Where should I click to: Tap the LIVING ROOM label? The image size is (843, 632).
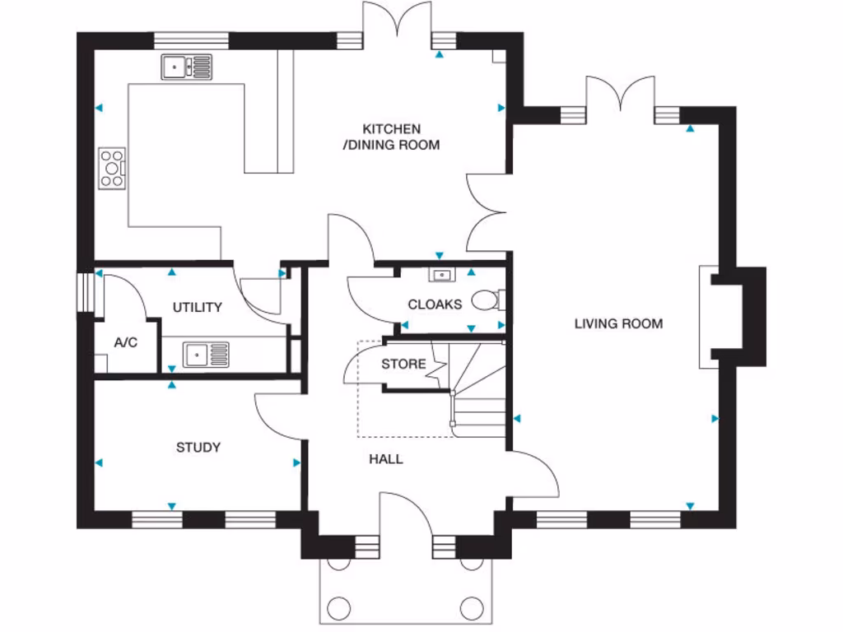click(x=618, y=323)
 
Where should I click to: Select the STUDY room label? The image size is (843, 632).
click(x=198, y=448)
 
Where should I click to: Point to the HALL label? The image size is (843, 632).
click(x=385, y=458)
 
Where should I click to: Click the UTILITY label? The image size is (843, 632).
click(x=197, y=307)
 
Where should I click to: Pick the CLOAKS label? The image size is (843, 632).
click(x=435, y=304)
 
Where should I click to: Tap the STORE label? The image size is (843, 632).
click(x=403, y=364)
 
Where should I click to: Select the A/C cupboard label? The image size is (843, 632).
click(x=125, y=342)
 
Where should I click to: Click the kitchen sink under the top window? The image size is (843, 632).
click(x=186, y=67)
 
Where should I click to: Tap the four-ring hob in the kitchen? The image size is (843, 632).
click(x=112, y=168)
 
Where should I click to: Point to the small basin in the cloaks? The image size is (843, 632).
click(x=442, y=275)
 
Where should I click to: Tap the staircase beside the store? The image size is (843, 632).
click(x=477, y=391)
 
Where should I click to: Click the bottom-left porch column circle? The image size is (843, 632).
click(x=338, y=609)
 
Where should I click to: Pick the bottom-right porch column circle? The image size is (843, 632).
click(x=472, y=609)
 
